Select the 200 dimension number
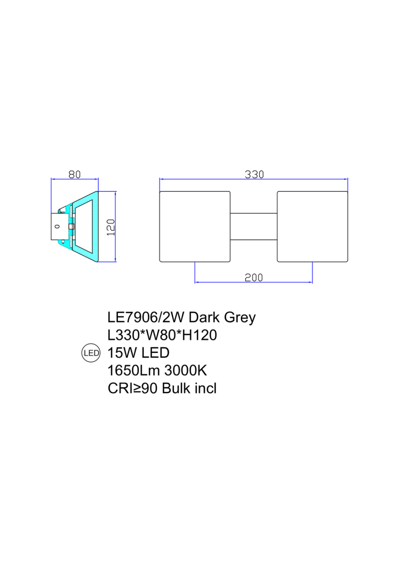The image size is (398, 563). click(254, 278)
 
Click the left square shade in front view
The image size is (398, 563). click(195, 226)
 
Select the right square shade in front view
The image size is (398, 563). click(312, 226)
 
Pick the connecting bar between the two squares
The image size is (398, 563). click(253, 226)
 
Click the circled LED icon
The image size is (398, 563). click(91, 353)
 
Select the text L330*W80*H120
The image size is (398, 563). click(162, 335)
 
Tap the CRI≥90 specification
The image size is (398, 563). click(133, 388)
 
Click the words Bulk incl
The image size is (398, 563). click(189, 388)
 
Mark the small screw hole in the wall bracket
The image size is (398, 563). click(57, 226)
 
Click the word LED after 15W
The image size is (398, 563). click(153, 353)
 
